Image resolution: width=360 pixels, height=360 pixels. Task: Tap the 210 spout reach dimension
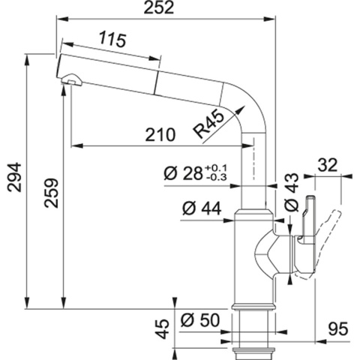coord(160,134)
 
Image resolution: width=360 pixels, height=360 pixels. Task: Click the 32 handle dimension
coord(328,163)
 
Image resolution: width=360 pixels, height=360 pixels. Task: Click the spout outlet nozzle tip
coord(70,81)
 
